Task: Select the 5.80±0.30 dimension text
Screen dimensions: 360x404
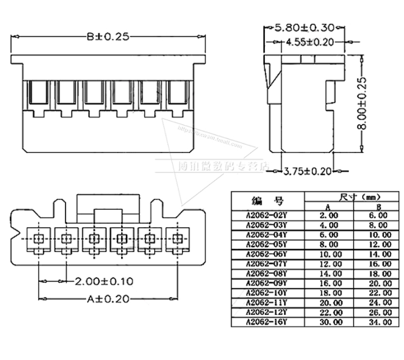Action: point(304,27)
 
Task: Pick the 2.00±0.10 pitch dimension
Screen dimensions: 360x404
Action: point(104,281)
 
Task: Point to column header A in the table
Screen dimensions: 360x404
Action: point(328,206)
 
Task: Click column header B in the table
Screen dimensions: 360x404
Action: point(376,206)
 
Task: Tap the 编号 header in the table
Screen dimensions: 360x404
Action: point(267,201)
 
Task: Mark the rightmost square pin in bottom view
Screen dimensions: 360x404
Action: point(177,238)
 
